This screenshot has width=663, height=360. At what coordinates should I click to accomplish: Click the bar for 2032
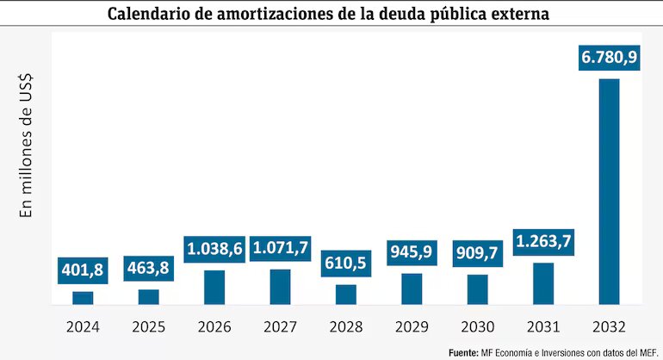(x=610, y=191)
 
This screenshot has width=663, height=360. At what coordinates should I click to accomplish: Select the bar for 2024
(x=83, y=298)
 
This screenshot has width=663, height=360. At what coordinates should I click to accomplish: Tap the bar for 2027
(x=280, y=287)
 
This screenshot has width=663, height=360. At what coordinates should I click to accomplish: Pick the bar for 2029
(x=412, y=289)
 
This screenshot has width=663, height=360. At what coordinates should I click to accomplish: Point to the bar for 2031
(x=543, y=283)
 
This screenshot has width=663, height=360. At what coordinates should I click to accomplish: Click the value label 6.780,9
(x=610, y=59)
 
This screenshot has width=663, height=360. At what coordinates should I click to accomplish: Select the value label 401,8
(x=83, y=270)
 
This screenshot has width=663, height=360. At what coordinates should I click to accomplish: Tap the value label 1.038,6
(x=214, y=250)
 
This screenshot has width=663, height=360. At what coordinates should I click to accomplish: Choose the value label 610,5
(x=346, y=264)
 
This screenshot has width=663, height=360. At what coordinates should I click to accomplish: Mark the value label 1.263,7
(x=543, y=242)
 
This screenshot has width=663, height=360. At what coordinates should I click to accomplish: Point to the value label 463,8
(x=149, y=269)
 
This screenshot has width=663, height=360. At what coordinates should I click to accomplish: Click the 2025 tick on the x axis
(x=149, y=327)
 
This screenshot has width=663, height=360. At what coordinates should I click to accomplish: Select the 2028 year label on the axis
(x=346, y=327)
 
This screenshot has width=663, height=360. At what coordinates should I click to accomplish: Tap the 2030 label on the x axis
(x=478, y=327)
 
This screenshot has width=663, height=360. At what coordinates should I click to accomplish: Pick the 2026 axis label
(x=214, y=327)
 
